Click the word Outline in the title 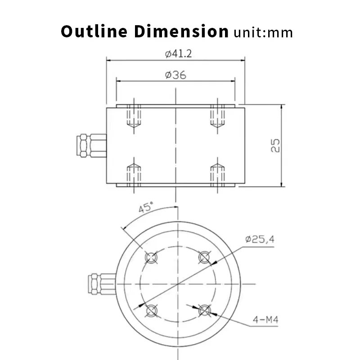click(94, 31)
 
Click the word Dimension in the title click(181, 31)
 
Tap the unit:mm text click(263, 32)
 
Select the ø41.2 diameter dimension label click(178, 54)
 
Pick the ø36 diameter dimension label click(175, 75)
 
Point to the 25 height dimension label click(275, 145)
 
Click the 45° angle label click(146, 207)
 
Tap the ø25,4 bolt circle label click(260, 239)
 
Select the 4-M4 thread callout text click(265, 319)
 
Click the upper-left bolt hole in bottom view click(151, 257)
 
